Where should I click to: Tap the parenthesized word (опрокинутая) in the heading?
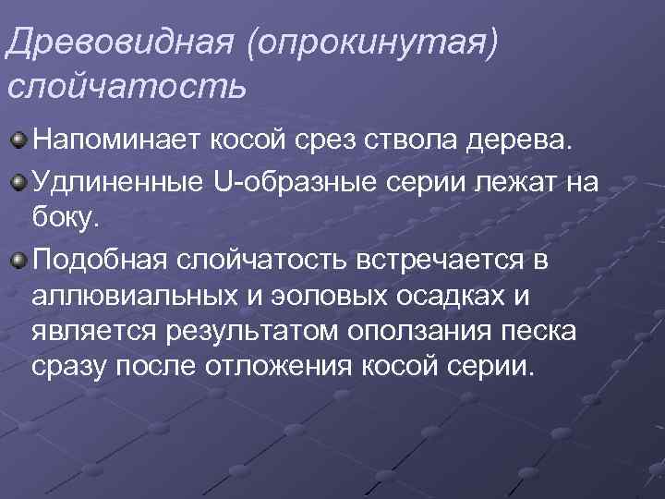(380, 44)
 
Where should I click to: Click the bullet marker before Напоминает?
(19, 140)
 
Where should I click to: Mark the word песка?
(541, 334)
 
